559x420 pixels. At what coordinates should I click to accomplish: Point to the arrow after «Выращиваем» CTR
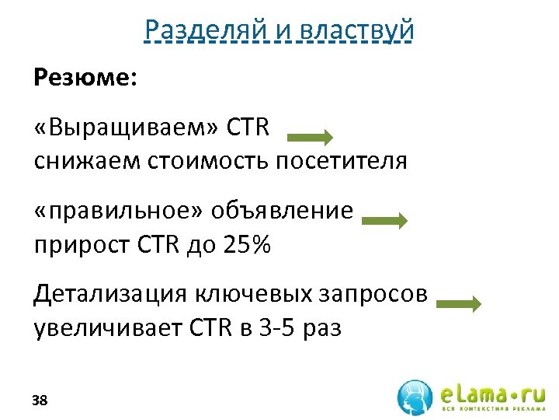(311, 138)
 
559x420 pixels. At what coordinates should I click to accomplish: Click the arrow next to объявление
(384, 221)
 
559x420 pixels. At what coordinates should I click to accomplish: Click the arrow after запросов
(459, 304)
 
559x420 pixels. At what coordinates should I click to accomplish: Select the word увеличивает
(106, 327)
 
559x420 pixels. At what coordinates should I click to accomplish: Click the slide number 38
(40, 401)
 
